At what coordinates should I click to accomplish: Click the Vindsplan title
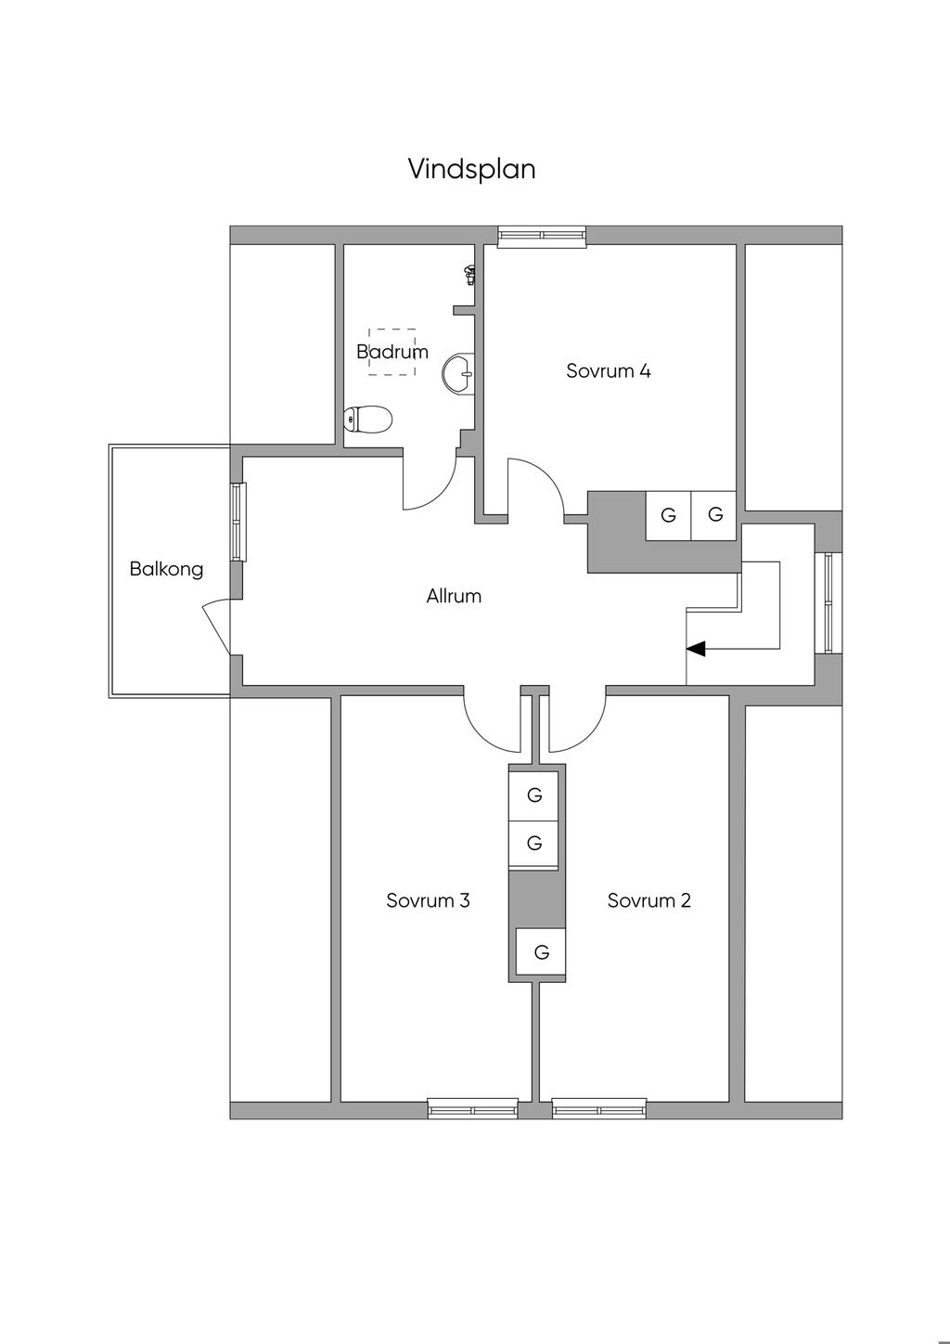tap(471, 169)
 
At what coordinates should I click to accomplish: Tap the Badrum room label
tap(392, 352)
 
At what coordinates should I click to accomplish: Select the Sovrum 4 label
tap(608, 371)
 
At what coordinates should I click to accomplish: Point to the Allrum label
tap(454, 596)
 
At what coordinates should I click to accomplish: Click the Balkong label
tap(166, 569)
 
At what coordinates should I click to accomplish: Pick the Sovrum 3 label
tap(428, 900)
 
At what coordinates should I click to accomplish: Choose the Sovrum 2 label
tap(648, 900)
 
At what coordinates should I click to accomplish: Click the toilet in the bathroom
tap(367, 420)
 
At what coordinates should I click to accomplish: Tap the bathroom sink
tap(460, 373)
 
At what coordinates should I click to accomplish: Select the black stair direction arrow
tap(695, 649)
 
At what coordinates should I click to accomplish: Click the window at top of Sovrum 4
tap(542, 236)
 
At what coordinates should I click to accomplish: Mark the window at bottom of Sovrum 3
tap(472, 1108)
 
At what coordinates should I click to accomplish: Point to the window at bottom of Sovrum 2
tap(598, 1108)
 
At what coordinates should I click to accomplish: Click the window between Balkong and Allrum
tap(239, 522)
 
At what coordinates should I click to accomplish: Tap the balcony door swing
tap(217, 624)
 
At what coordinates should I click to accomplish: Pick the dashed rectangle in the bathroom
tap(392, 351)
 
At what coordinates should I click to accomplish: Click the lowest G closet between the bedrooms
tap(542, 952)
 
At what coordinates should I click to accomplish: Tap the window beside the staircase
tap(826, 602)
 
